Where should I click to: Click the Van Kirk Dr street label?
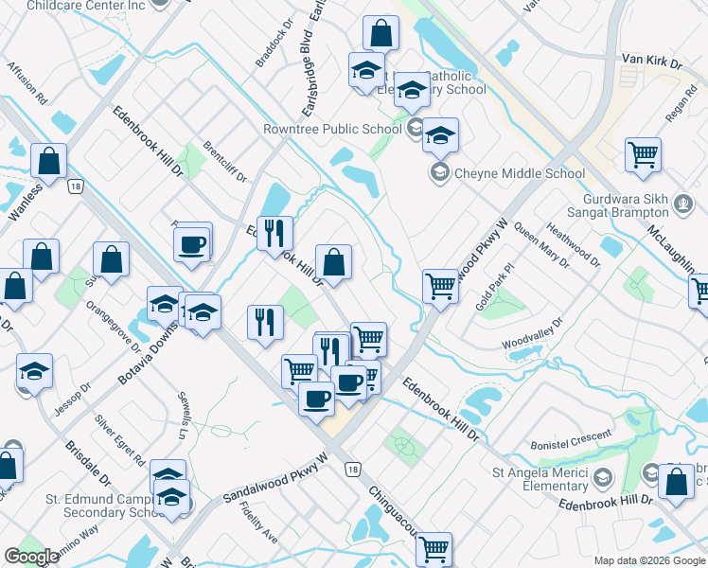pos(651,62)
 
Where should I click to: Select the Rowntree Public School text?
pos(332,130)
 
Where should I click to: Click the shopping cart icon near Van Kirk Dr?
pos(643,154)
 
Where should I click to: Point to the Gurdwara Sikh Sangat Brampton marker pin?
pos(680,203)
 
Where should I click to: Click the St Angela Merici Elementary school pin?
pos(604,476)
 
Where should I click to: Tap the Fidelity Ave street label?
pos(257,522)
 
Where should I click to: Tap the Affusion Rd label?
pos(27,82)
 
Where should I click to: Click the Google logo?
pos(31,557)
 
